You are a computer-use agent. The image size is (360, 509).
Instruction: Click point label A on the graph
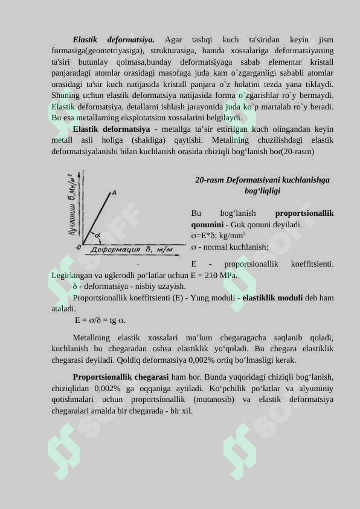pos(114,193)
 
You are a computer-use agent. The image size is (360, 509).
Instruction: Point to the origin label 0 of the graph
pos(79,247)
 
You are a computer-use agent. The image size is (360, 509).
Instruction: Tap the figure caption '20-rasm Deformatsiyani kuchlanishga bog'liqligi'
pos(262,186)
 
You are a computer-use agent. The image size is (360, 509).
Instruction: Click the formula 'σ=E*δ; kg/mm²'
pos(219,236)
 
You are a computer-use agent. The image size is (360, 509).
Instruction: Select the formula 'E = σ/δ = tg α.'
pos(100,320)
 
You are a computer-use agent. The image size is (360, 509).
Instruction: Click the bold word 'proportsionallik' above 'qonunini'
pos(304,213)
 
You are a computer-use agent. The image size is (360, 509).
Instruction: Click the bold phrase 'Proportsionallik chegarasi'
pos(121,377)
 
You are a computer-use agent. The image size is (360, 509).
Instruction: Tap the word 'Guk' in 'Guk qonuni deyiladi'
pos(240,224)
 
